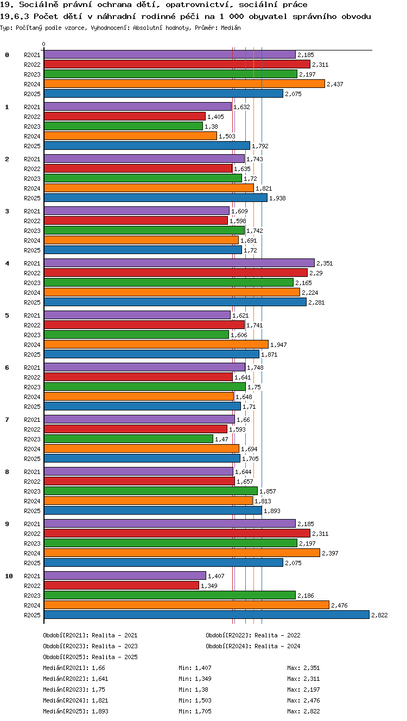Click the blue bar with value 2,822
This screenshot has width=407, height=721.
(x=207, y=615)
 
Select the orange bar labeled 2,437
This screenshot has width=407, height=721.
(x=185, y=84)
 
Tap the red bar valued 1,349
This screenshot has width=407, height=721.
(x=122, y=585)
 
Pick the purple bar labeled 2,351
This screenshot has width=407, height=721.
(x=179, y=263)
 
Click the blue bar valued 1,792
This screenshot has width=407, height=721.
(x=147, y=146)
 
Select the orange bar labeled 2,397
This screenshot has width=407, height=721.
(x=182, y=553)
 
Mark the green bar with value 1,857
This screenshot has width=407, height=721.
(x=150, y=491)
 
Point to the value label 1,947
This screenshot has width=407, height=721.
(x=278, y=345)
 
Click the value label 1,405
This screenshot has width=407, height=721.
(x=215, y=117)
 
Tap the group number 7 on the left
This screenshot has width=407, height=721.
(x=7, y=419)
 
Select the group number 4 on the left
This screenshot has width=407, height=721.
(x=7, y=263)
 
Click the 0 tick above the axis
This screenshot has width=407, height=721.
(x=44, y=44)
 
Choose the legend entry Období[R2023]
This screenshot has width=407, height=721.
(x=91, y=646)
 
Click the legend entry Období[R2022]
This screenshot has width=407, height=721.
(x=253, y=635)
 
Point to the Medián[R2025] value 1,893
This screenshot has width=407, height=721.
(x=100, y=711)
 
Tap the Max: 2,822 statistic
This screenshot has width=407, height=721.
(x=303, y=711)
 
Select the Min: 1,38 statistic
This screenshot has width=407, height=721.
(x=193, y=690)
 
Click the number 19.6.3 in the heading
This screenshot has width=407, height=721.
(x=15, y=16)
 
